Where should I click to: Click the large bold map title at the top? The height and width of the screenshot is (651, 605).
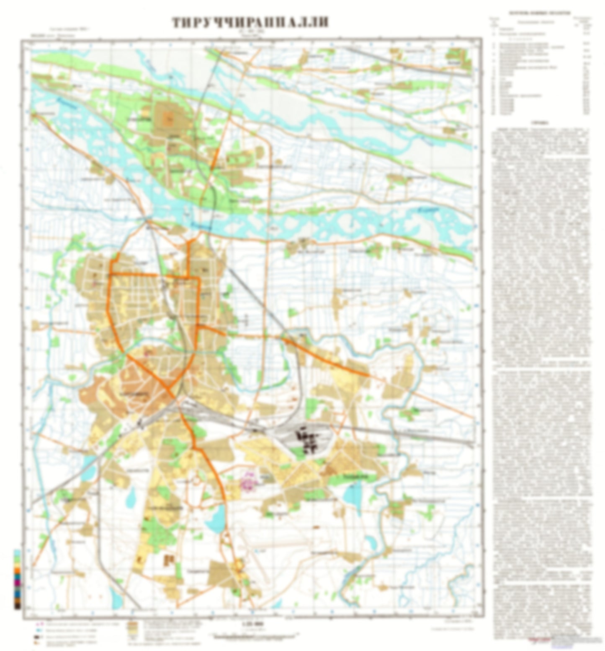coord(250,23)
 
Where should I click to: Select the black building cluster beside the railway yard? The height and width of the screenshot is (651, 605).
coord(309,442)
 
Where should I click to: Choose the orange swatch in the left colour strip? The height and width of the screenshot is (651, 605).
coord(17,571)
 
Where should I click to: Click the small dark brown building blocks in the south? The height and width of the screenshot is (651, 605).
coord(170,560)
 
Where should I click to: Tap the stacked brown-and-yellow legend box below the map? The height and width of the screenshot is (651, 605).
coord(133,629)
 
